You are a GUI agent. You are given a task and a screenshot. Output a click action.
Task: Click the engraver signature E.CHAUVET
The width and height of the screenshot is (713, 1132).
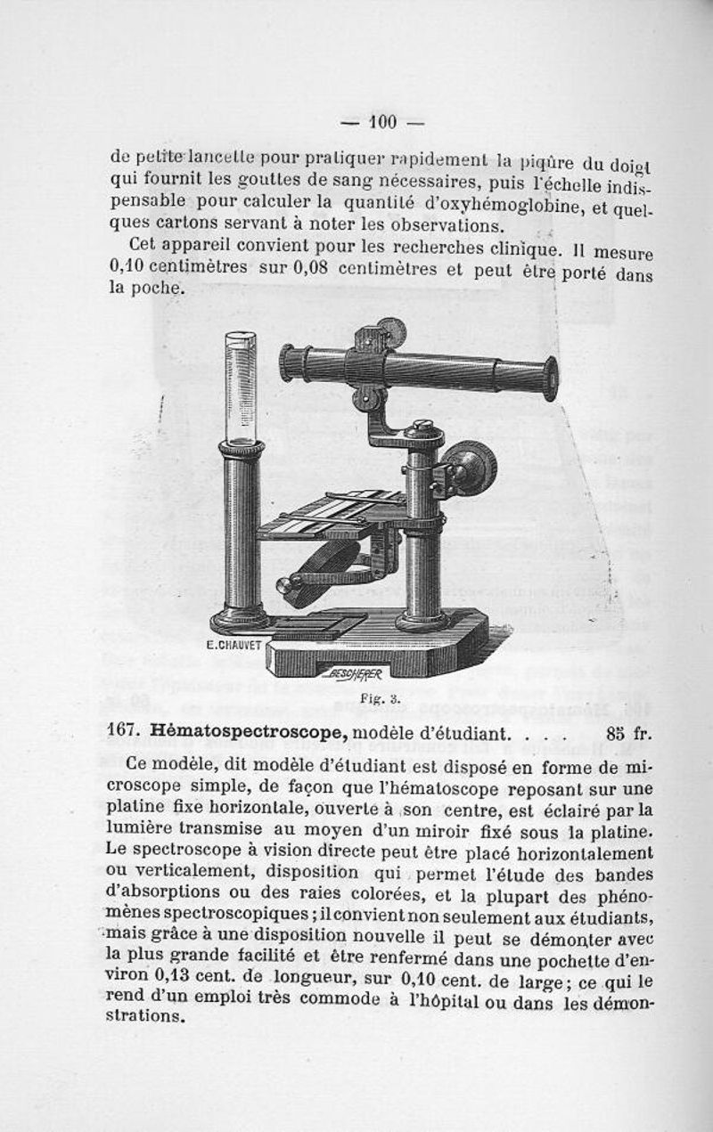click(234, 645)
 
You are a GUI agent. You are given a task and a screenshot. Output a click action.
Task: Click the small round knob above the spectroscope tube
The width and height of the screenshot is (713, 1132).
click(389, 330)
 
